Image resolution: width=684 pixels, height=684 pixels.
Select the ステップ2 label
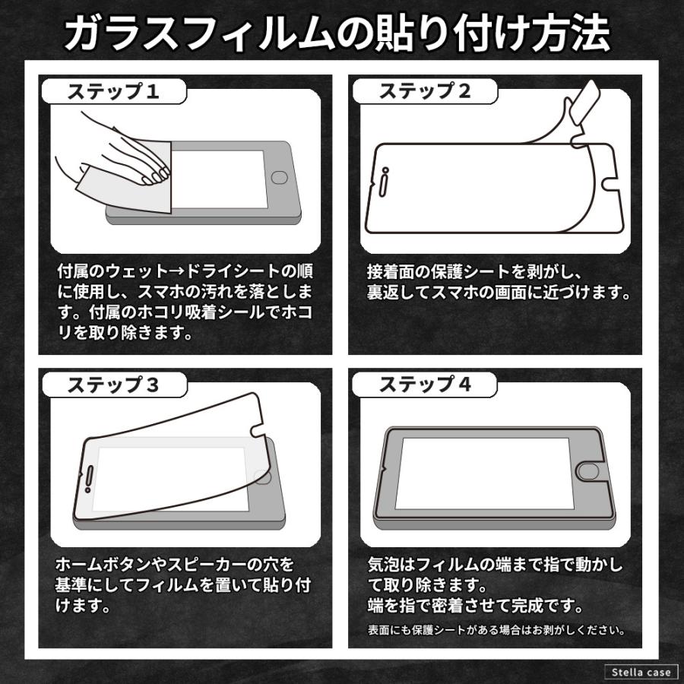(425, 92)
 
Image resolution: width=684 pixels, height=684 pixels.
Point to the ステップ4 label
(425, 385)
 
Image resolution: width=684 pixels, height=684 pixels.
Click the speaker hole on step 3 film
(90, 478)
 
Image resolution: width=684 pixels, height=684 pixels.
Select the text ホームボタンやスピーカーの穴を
(175, 565)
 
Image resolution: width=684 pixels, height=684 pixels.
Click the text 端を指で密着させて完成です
(475, 606)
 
